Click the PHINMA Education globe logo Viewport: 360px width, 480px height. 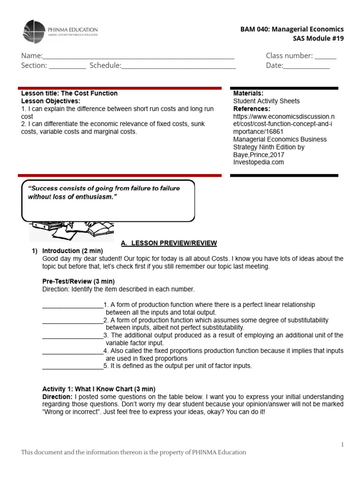click(x=34, y=32)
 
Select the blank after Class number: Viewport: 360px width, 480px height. click(x=325, y=56)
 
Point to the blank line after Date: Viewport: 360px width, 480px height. click(x=307, y=66)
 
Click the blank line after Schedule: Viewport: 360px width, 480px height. click(x=179, y=66)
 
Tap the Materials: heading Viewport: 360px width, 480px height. click(x=248, y=93)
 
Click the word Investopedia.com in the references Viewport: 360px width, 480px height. click(x=257, y=162)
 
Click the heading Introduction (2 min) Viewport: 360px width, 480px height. click(x=73, y=251)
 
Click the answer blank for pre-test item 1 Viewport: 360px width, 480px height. click(x=73, y=306)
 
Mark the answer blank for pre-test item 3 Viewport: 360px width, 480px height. click(x=73, y=336)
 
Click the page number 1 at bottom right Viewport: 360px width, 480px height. click(x=343, y=444)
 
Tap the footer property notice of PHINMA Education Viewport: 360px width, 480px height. click(x=134, y=452)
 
